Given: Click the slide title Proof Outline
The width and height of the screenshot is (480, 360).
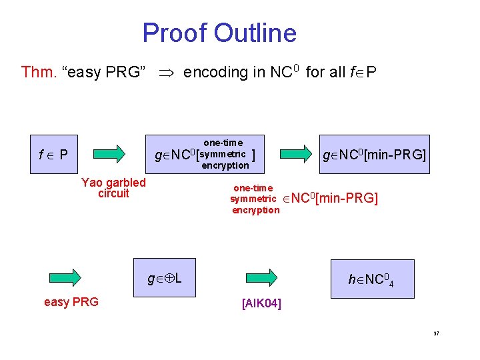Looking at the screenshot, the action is (219, 33).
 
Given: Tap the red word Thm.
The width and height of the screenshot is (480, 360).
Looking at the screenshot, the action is (37, 72).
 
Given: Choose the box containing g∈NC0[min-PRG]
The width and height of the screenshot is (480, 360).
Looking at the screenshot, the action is (373, 155).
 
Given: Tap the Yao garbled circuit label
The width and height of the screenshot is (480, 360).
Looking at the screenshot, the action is (113, 188).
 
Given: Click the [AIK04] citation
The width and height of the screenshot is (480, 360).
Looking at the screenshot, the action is (261, 304).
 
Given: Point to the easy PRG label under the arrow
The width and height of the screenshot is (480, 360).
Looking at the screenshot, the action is (71, 302).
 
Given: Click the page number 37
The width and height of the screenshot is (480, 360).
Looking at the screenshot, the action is (436, 333).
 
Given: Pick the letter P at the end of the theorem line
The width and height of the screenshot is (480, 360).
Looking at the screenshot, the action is (371, 72).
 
